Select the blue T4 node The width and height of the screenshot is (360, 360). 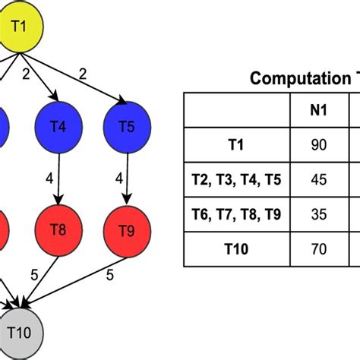click(57, 128)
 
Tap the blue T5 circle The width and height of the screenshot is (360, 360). click(127, 127)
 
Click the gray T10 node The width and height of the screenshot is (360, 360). click(21, 333)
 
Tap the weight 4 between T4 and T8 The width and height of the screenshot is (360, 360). click(49, 180)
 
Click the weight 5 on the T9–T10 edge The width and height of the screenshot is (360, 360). click(110, 276)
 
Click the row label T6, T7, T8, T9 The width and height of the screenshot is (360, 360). click(236, 215)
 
